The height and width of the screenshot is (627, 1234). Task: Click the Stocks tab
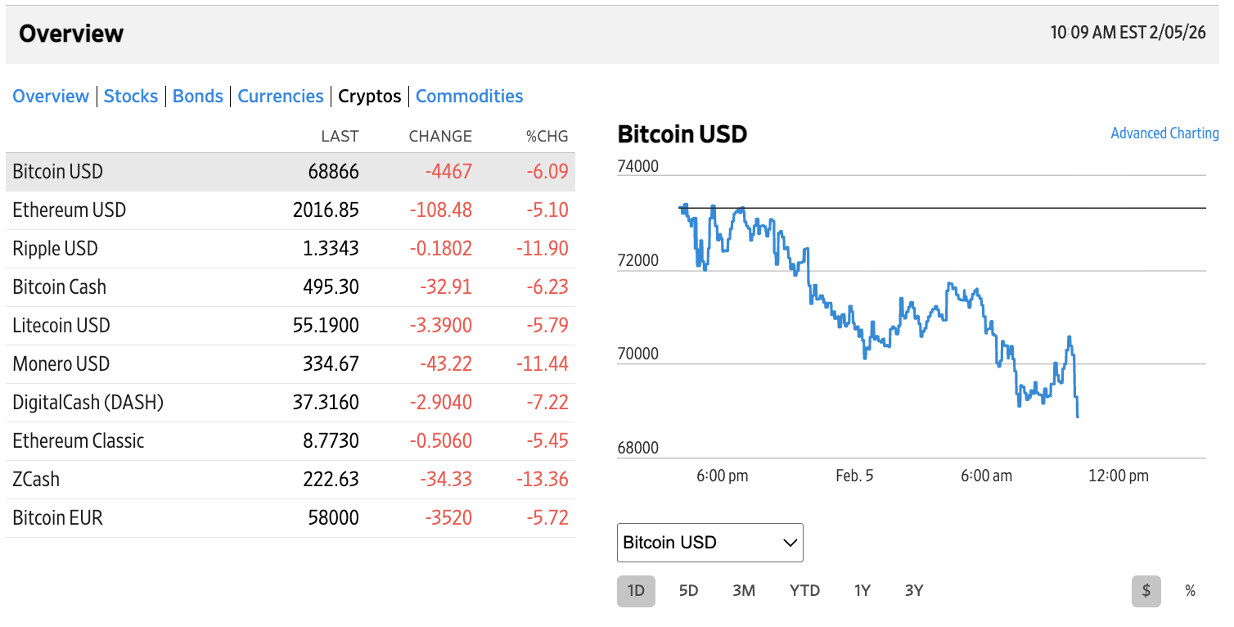pyautogui.click(x=131, y=97)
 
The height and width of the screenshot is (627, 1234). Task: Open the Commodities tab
pyautogui.click(x=469, y=97)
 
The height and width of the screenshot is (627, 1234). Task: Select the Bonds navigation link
pyautogui.click(x=198, y=97)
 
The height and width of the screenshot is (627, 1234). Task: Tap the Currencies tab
pyautogui.click(x=281, y=97)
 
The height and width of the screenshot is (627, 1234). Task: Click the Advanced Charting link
pyautogui.click(x=1164, y=133)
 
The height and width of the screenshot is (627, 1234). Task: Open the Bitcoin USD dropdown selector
pyautogui.click(x=709, y=543)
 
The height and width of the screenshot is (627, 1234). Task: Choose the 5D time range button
pyautogui.click(x=688, y=591)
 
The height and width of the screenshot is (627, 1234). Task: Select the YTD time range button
pyautogui.click(x=804, y=591)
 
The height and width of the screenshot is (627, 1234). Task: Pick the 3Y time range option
pyautogui.click(x=914, y=591)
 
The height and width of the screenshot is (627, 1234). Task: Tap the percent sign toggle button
pyautogui.click(x=1190, y=591)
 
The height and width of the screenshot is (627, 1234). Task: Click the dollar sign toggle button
pyautogui.click(x=1146, y=591)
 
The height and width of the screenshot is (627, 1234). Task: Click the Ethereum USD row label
pyautogui.click(x=70, y=210)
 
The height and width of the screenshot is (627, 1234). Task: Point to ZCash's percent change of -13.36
pyautogui.click(x=542, y=480)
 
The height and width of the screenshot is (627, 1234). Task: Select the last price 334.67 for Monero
pyautogui.click(x=331, y=364)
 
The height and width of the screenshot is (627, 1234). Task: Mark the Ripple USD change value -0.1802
pyautogui.click(x=440, y=249)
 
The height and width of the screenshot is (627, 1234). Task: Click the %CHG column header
pyautogui.click(x=547, y=137)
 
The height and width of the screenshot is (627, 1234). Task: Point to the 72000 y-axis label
pyautogui.click(x=637, y=261)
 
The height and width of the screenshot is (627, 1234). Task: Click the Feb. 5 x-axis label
pyautogui.click(x=854, y=476)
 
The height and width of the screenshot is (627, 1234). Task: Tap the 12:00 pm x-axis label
pyautogui.click(x=1118, y=476)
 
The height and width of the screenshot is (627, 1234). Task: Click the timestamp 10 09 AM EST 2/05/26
pyautogui.click(x=1128, y=34)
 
